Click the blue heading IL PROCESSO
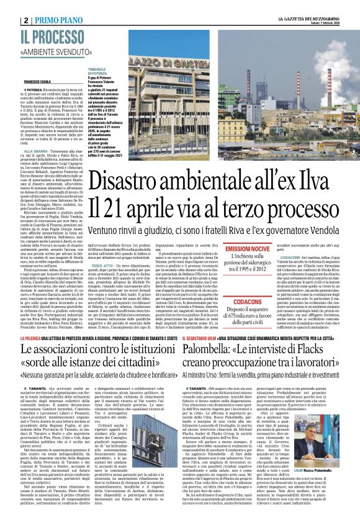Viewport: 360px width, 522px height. (52, 37)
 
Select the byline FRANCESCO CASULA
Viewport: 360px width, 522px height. (37, 82)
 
